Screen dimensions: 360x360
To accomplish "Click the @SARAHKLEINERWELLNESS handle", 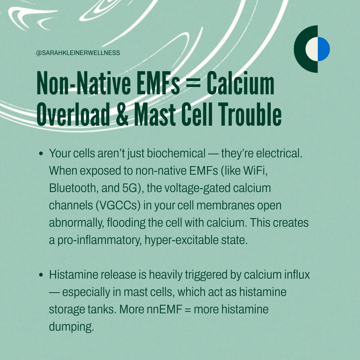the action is (x=78, y=53).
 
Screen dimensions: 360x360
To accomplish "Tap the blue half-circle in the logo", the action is (x=324, y=49).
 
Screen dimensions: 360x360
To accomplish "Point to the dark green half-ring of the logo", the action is (x=303, y=49).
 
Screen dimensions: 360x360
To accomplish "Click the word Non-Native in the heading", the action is (x=84, y=83).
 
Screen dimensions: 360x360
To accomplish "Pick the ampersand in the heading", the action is (x=122, y=114).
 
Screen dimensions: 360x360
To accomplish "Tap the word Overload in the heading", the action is (x=73, y=114).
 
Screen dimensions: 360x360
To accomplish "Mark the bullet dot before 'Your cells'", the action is (x=41, y=153).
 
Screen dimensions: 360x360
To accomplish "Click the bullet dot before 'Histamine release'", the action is (x=41, y=275).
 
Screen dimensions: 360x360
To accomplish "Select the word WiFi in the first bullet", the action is (x=255, y=171).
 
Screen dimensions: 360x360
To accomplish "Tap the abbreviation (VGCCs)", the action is (x=118, y=205).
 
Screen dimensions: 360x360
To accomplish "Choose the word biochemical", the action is (x=176, y=153).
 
